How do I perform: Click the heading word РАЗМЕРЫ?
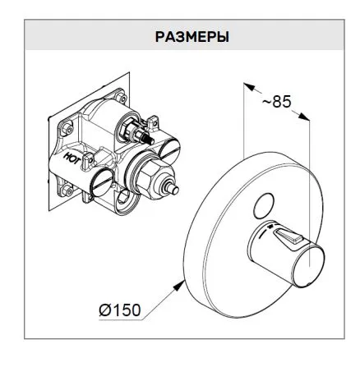(192, 37)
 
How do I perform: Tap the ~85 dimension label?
(276, 102)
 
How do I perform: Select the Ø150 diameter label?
(120, 310)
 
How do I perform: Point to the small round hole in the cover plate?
(264, 206)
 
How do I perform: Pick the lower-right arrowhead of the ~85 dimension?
(304, 116)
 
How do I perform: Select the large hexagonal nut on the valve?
(150, 178)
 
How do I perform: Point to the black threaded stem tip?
(150, 140)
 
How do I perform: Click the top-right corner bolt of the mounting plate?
(122, 98)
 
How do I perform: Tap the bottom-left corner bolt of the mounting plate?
(67, 189)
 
